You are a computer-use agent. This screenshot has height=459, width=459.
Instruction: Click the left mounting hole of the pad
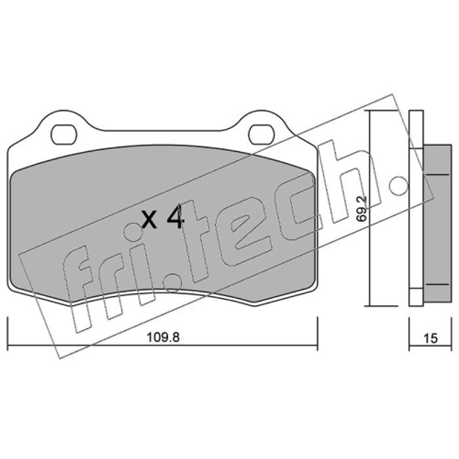tap(64, 134)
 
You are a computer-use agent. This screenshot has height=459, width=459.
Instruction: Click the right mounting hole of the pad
tap(262, 134)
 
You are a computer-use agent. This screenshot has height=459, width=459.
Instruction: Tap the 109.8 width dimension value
tap(163, 337)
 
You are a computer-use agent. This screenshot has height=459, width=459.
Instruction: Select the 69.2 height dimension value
tap(362, 208)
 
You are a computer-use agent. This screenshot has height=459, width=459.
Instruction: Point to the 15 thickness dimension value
tap(430, 339)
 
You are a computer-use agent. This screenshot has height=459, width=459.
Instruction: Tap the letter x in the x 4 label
tap(149, 221)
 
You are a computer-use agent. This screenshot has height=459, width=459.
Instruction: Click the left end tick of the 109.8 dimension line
tap(7, 333)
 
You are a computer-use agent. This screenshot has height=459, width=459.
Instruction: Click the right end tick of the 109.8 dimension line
tap(317, 333)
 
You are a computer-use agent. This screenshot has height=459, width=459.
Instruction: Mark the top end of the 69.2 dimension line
tap(370, 111)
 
